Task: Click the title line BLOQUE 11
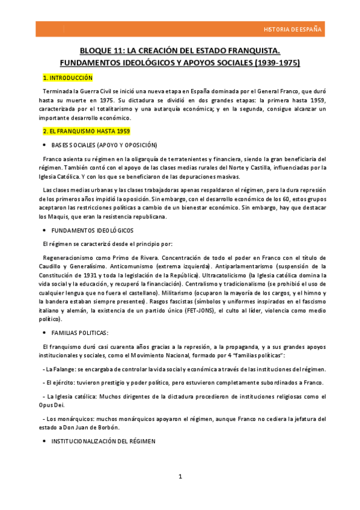tap(180, 51)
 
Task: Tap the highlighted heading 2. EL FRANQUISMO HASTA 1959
tap(86, 131)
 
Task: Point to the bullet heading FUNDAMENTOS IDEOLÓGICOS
tap(92, 230)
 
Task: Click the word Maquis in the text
tap(56, 217)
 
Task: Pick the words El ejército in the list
tap(63, 382)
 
